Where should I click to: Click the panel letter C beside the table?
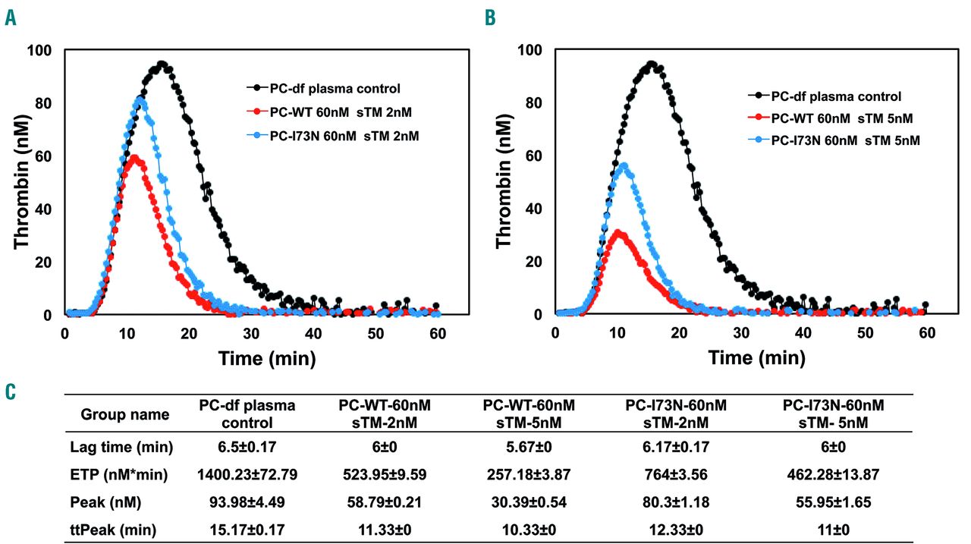[10, 392]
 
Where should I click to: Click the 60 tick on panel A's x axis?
[437, 332]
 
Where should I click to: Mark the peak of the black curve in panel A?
[162, 64]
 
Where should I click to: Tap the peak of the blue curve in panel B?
[624, 165]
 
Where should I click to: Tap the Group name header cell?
[125, 415]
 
